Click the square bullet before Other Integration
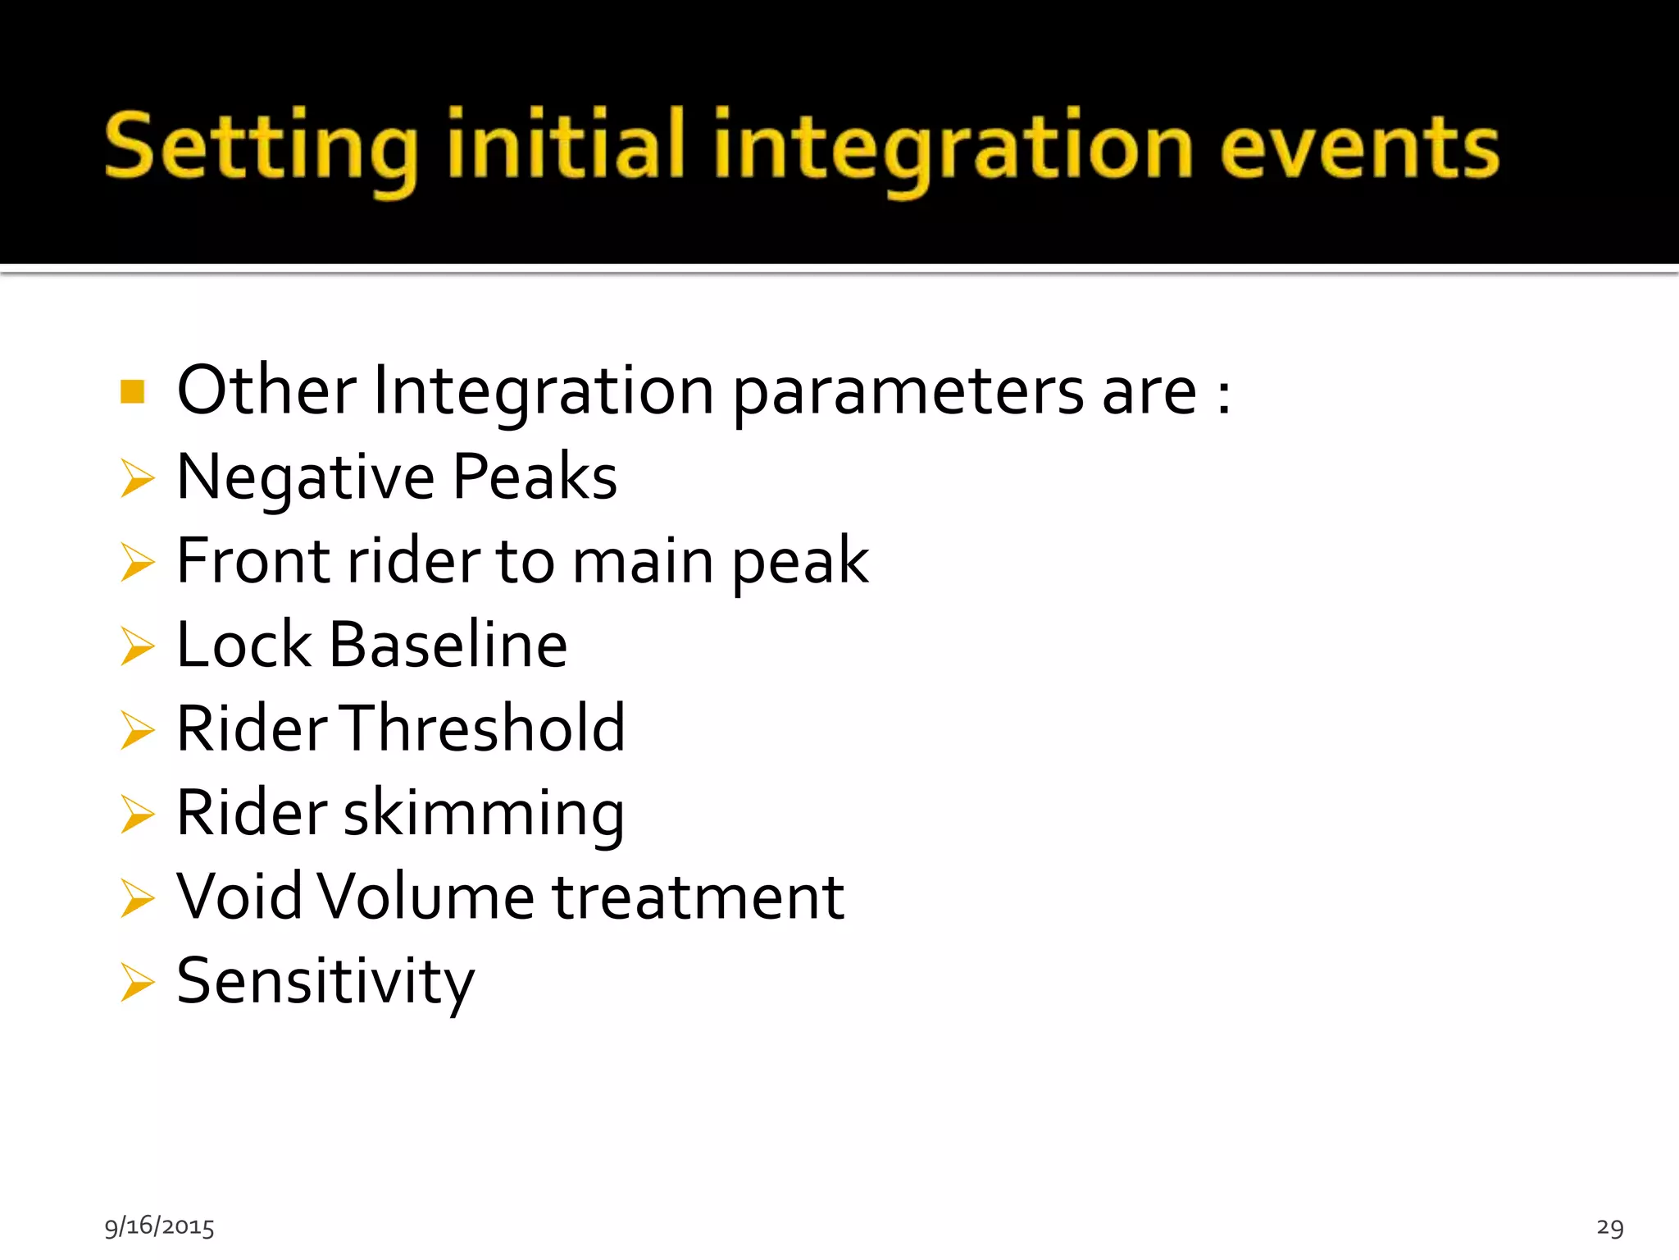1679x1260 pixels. tap(132, 392)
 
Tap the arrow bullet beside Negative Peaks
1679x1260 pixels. tap(137, 478)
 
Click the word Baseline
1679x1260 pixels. tap(448, 645)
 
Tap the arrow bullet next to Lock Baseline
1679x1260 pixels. tap(137, 646)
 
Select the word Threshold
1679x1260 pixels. tap(484, 728)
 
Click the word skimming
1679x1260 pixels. tap(484, 814)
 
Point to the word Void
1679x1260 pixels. tap(239, 897)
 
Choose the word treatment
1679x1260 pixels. tap(698, 897)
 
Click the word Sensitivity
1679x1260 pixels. tap(325, 982)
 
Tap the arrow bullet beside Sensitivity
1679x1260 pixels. tap(137, 983)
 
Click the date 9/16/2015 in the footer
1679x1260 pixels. tap(159, 1226)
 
